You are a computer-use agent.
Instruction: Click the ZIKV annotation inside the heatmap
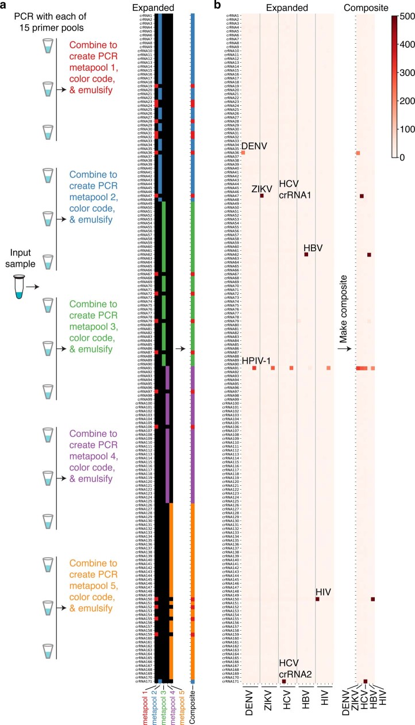point(262,189)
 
